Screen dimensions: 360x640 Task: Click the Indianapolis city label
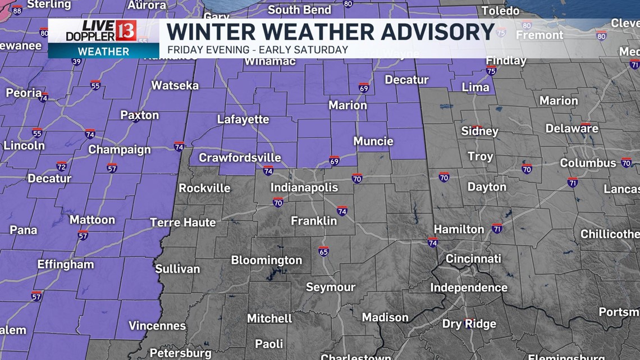click(x=304, y=187)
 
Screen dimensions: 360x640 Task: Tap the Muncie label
click(x=373, y=141)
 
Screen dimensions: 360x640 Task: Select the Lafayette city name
click(x=243, y=119)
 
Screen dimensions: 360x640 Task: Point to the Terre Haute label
click(x=183, y=222)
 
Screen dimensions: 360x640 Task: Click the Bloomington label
click(x=266, y=260)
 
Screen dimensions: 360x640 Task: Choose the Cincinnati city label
click(x=473, y=259)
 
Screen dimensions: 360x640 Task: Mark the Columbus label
click(x=588, y=163)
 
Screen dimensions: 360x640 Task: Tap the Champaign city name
click(x=120, y=149)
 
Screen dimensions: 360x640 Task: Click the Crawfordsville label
click(x=240, y=158)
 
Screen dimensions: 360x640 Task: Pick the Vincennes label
click(x=157, y=326)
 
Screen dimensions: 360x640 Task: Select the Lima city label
click(x=475, y=87)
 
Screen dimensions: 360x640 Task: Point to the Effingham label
click(x=66, y=264)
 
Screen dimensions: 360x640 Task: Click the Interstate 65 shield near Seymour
click(x=323, y=250)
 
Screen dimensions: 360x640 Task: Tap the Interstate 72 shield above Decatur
click(x=61, y=166)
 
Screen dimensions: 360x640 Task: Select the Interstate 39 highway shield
click(x=76, y=61)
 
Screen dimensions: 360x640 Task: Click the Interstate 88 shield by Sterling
click(x=17, y=10)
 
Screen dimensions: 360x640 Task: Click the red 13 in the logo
click(x=126, y=31)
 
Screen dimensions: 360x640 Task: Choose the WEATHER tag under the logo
click(x=103, y=51)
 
